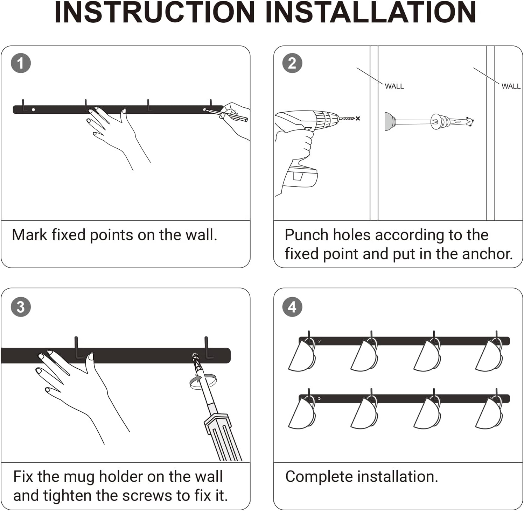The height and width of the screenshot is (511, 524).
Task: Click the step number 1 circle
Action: pos(21,63)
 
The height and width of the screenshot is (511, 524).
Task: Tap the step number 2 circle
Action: pos(292,63)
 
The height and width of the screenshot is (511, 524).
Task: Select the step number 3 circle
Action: pos(21,307)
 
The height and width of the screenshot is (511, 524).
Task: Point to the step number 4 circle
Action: pos(292,307)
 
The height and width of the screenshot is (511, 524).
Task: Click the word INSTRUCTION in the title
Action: pos(154,13)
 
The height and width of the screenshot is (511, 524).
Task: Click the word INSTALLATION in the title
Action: pos(371,13)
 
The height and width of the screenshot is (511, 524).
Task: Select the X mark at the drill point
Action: pos(358,119)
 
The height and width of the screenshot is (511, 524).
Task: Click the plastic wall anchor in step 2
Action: pos(452,122)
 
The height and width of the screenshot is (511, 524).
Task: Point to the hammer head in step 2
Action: pos(390,121)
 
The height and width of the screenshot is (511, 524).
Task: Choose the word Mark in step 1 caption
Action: pos(29,235)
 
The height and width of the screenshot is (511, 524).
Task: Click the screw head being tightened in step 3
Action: pos(195,357)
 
